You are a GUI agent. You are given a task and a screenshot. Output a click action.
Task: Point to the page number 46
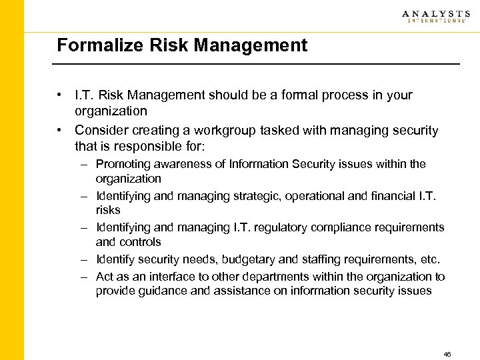click(x=447, y=354)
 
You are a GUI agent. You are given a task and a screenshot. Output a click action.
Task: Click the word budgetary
click(x=248, y=259)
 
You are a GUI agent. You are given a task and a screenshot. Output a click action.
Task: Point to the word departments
click(x=273, y=277)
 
